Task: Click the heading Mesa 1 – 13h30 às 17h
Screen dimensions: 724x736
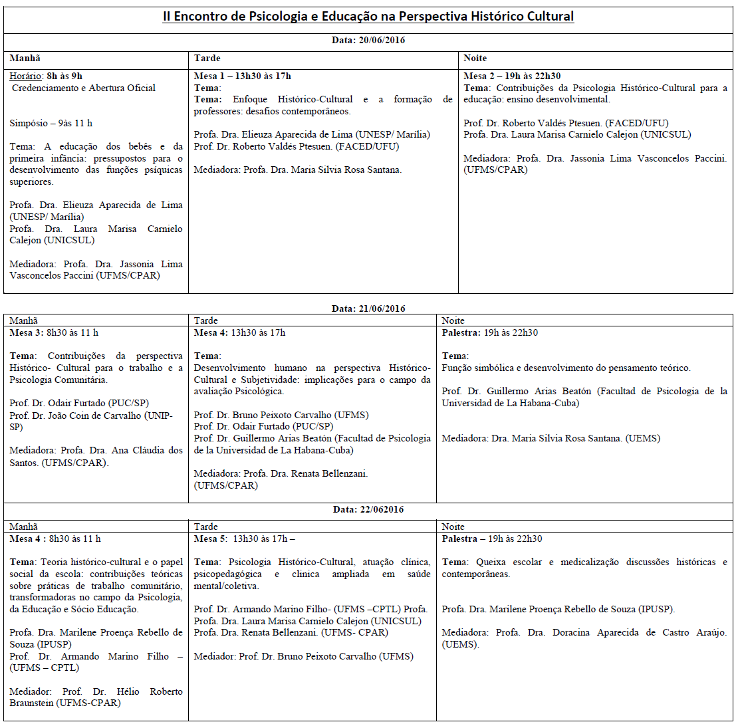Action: [243, 76]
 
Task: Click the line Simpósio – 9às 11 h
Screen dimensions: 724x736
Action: [51, 123]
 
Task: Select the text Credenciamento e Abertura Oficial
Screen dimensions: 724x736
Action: [84, 88]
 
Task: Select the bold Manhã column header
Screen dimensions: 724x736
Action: [24, 59]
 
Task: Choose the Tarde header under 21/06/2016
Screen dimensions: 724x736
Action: [206, 320]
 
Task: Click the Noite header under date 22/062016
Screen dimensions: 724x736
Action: [453, 527]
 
